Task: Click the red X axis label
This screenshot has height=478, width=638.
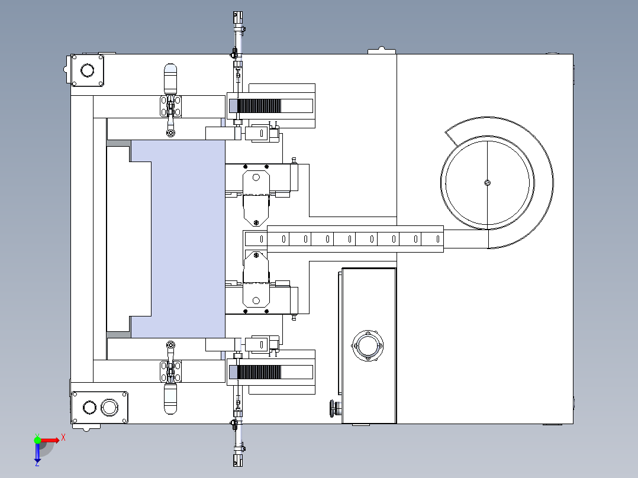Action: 63,438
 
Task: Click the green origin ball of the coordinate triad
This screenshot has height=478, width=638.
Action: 37,440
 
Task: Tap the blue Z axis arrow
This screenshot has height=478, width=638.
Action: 37,452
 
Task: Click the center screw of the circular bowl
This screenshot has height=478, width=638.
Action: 488,183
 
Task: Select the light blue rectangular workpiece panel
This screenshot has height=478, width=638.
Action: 178,239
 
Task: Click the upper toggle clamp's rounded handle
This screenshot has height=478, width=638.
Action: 170,78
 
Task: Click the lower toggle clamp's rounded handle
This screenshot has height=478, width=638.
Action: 170,399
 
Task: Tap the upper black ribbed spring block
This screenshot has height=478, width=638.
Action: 259,106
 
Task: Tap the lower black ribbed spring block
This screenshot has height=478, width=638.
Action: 259,372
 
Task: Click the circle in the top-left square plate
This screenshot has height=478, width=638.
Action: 87,70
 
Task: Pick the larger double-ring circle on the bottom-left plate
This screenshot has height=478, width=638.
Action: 109,407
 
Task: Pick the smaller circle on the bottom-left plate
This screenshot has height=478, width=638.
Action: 89,407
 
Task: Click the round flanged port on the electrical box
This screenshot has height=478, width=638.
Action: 368,346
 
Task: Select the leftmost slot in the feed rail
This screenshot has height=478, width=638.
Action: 262,239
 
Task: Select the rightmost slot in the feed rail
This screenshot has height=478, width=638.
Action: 438,239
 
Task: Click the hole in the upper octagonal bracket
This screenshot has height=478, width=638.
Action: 256,177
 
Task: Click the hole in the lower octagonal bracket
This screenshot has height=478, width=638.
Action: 256,301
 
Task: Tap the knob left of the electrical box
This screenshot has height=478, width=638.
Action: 334,408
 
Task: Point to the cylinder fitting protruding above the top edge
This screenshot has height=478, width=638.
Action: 238,33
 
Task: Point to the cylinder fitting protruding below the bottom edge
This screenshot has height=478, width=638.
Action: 238,445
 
